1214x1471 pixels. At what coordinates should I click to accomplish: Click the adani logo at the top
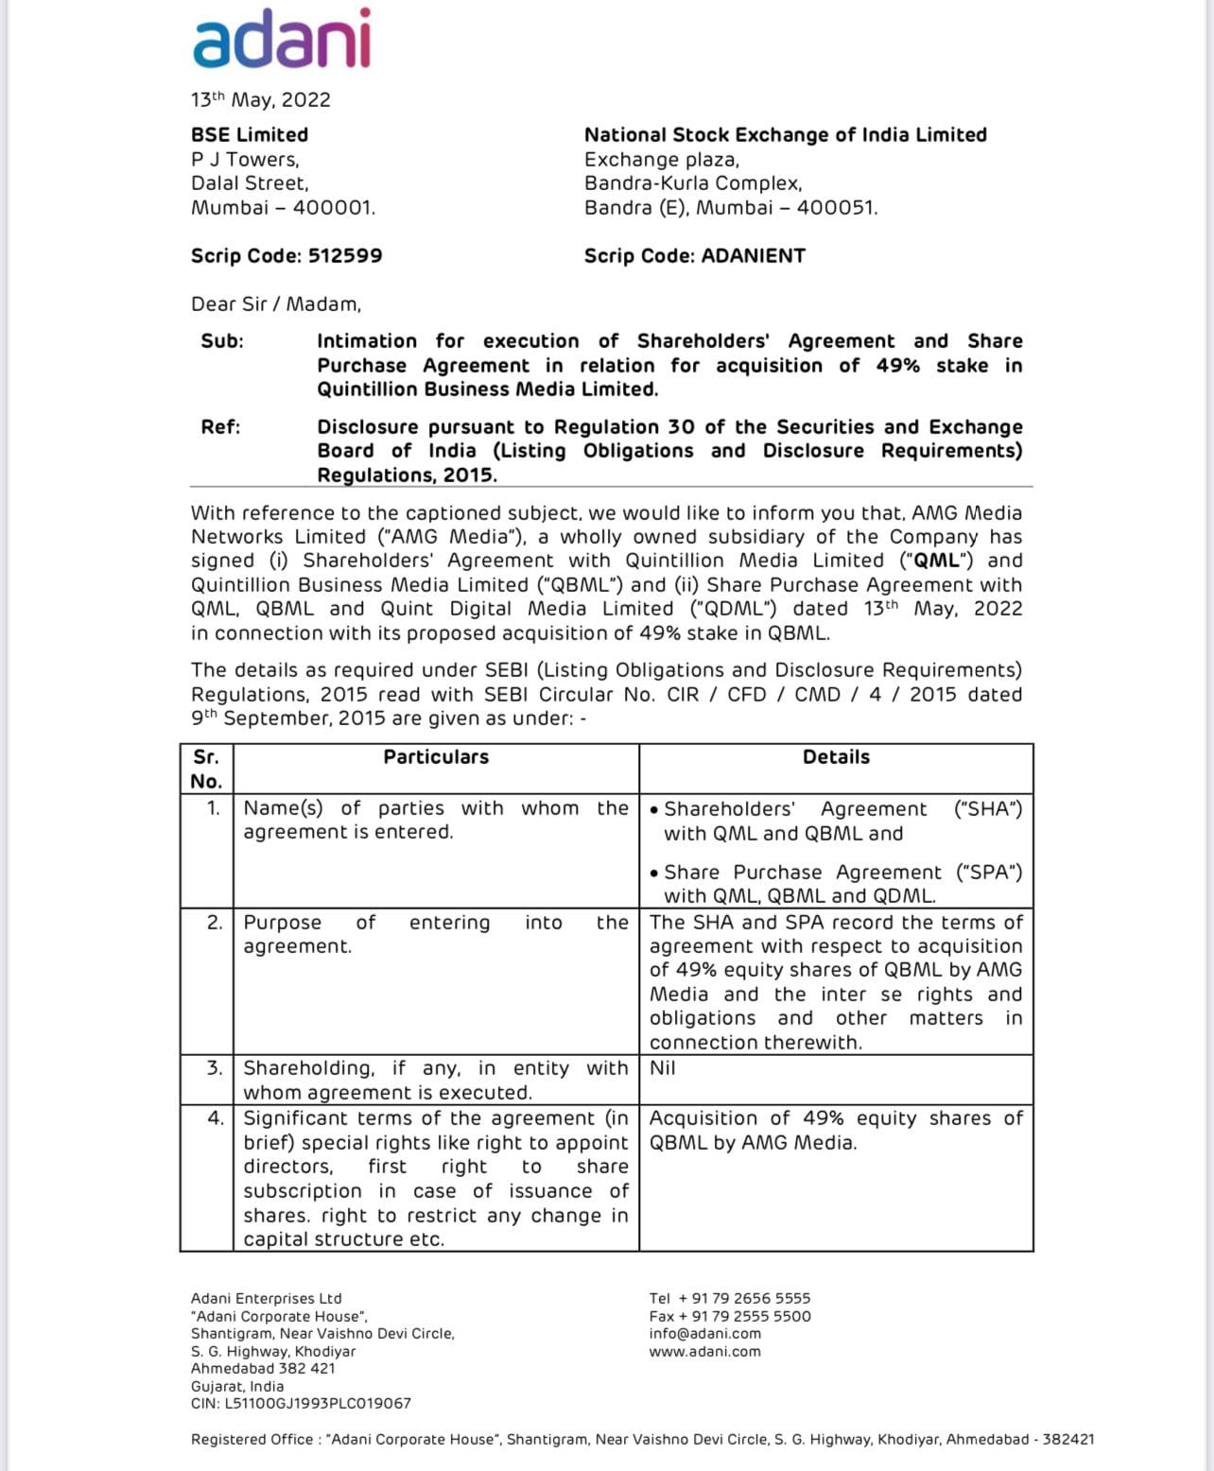click(x=282, y=40)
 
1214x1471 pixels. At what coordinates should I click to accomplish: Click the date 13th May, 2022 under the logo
click(x=261, y=100)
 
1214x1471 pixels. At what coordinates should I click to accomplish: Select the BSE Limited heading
click(x=250, y=135)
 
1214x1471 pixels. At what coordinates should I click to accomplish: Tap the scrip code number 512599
click(x=345, y=256)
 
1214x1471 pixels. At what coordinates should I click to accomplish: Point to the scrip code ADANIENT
click(x=754, y=256)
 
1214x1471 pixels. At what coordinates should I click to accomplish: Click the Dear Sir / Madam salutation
click(x=276, y=304)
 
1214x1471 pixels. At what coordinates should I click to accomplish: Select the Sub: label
click(x=222, y=341)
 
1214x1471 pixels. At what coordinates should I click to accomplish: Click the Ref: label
click(x=220, y=427)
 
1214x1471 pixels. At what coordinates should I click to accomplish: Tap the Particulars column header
click(x=436, y=757)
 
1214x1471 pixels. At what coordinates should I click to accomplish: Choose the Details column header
click(x=836, y=757)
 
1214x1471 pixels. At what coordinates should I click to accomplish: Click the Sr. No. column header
click(x=206, y=769)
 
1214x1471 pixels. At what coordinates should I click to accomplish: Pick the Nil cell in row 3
click(x=663, y=1068)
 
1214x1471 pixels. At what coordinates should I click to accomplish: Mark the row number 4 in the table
click(x=216, y=1118)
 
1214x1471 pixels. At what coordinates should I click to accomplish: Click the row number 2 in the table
click(x=215, y=923)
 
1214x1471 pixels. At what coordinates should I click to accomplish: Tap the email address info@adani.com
click(x=704, y=1334)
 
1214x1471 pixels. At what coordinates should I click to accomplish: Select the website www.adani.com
click(x=704, y=1352)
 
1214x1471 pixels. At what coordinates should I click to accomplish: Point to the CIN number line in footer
click(x=301, y=1404)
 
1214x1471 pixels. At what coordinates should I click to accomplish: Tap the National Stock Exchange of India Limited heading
click(x=785, y=135)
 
